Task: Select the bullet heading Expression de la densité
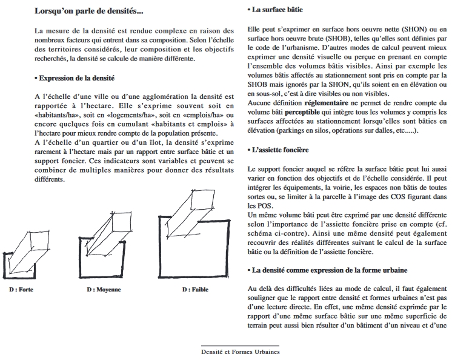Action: tap(75, 78)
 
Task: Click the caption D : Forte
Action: tap(21, 290)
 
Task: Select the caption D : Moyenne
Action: tap(104, 290)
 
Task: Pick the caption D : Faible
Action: tap(195, 290)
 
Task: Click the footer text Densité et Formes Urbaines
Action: tap(241, 351)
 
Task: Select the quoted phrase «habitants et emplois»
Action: tap(179, 124)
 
